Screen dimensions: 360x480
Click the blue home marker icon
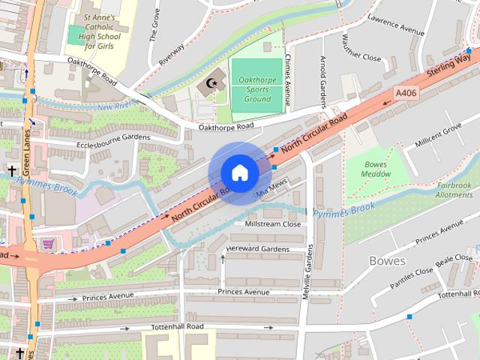[239, 172]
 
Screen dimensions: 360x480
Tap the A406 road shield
[405, 93]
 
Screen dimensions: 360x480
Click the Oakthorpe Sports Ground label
[256, 88]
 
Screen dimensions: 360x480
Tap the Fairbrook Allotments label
[454, 190]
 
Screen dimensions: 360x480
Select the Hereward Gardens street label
[257, 249]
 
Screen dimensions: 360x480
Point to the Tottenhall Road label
[175, 327]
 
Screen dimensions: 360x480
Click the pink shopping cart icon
[49, 244]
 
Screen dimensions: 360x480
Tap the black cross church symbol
[11, 171]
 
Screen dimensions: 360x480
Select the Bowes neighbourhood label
[387, 261]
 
